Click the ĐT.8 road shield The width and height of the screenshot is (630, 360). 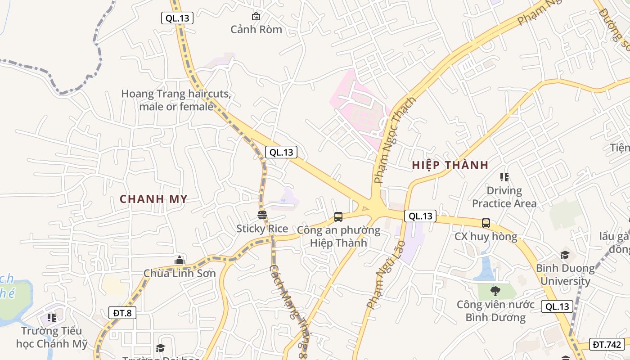[122, 313]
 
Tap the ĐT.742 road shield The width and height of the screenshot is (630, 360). [607, 344]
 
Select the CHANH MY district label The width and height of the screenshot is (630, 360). [153, 199]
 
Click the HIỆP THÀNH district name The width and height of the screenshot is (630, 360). [450, 165]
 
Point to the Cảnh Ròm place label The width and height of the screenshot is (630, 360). [256, 29]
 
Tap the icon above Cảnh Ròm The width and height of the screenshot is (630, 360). [256, 16]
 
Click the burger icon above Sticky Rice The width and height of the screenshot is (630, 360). [262, 215]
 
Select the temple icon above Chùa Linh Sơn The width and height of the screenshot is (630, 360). [180, 260]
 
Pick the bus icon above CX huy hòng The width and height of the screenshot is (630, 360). [486, 223]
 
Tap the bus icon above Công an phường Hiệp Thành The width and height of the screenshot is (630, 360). [338, 217]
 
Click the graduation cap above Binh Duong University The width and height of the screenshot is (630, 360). [565, 255]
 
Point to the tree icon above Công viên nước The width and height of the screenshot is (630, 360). [495, 291]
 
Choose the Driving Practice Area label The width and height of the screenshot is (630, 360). [504, 197]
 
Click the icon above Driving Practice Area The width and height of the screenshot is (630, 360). [504, 177]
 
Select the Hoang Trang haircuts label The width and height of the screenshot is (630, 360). [176, 100]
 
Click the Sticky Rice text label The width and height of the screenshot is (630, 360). [262, 229]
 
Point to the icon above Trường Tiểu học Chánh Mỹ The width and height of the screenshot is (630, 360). [52, 318]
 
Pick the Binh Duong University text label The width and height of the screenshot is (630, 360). [565, 274]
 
